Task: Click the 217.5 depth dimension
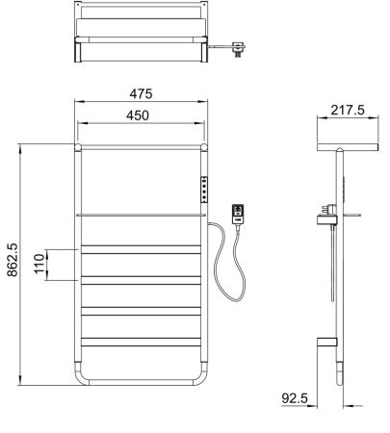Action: [x=347, y=111]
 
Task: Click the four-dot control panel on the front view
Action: [x=204, y=189]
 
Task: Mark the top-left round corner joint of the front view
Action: [x=77, y=147]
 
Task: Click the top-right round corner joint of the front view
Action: [x=205, y=147]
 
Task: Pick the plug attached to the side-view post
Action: [x=329, y=207]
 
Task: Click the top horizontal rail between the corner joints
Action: [x=141, y=147]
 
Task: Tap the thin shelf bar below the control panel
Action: [x=141, y=214]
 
